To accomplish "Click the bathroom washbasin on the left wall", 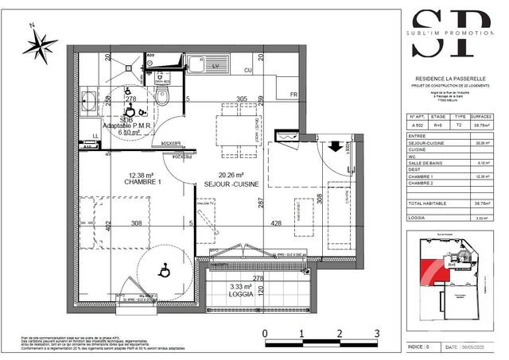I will tap(89, 102).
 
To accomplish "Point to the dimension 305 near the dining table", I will tap(242, 99).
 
